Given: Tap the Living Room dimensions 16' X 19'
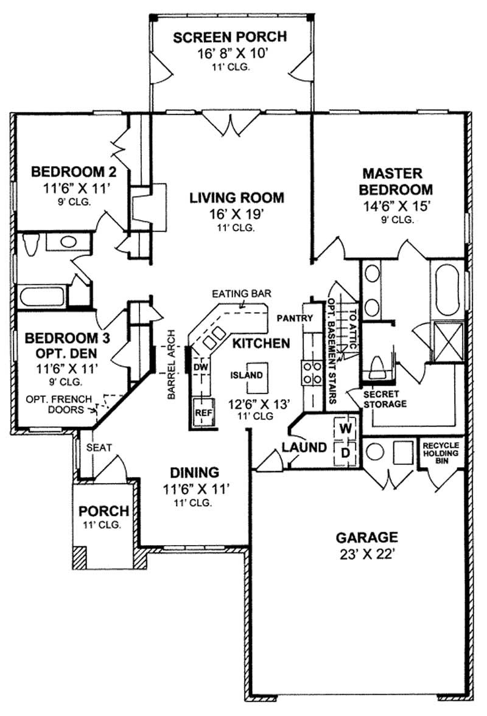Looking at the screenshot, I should point(236,214).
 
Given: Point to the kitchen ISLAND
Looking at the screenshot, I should point(247,375).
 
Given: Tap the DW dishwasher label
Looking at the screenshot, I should point(200,367).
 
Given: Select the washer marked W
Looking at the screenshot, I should point(345,428).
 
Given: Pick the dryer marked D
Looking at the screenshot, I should point(345,453).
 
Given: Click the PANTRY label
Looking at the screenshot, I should point(294,318).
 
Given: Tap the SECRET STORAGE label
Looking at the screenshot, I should point(385,399).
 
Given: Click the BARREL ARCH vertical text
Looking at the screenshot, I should point(172,364).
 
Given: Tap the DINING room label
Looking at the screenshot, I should point(194,472).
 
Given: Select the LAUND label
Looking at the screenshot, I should point(303,448).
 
